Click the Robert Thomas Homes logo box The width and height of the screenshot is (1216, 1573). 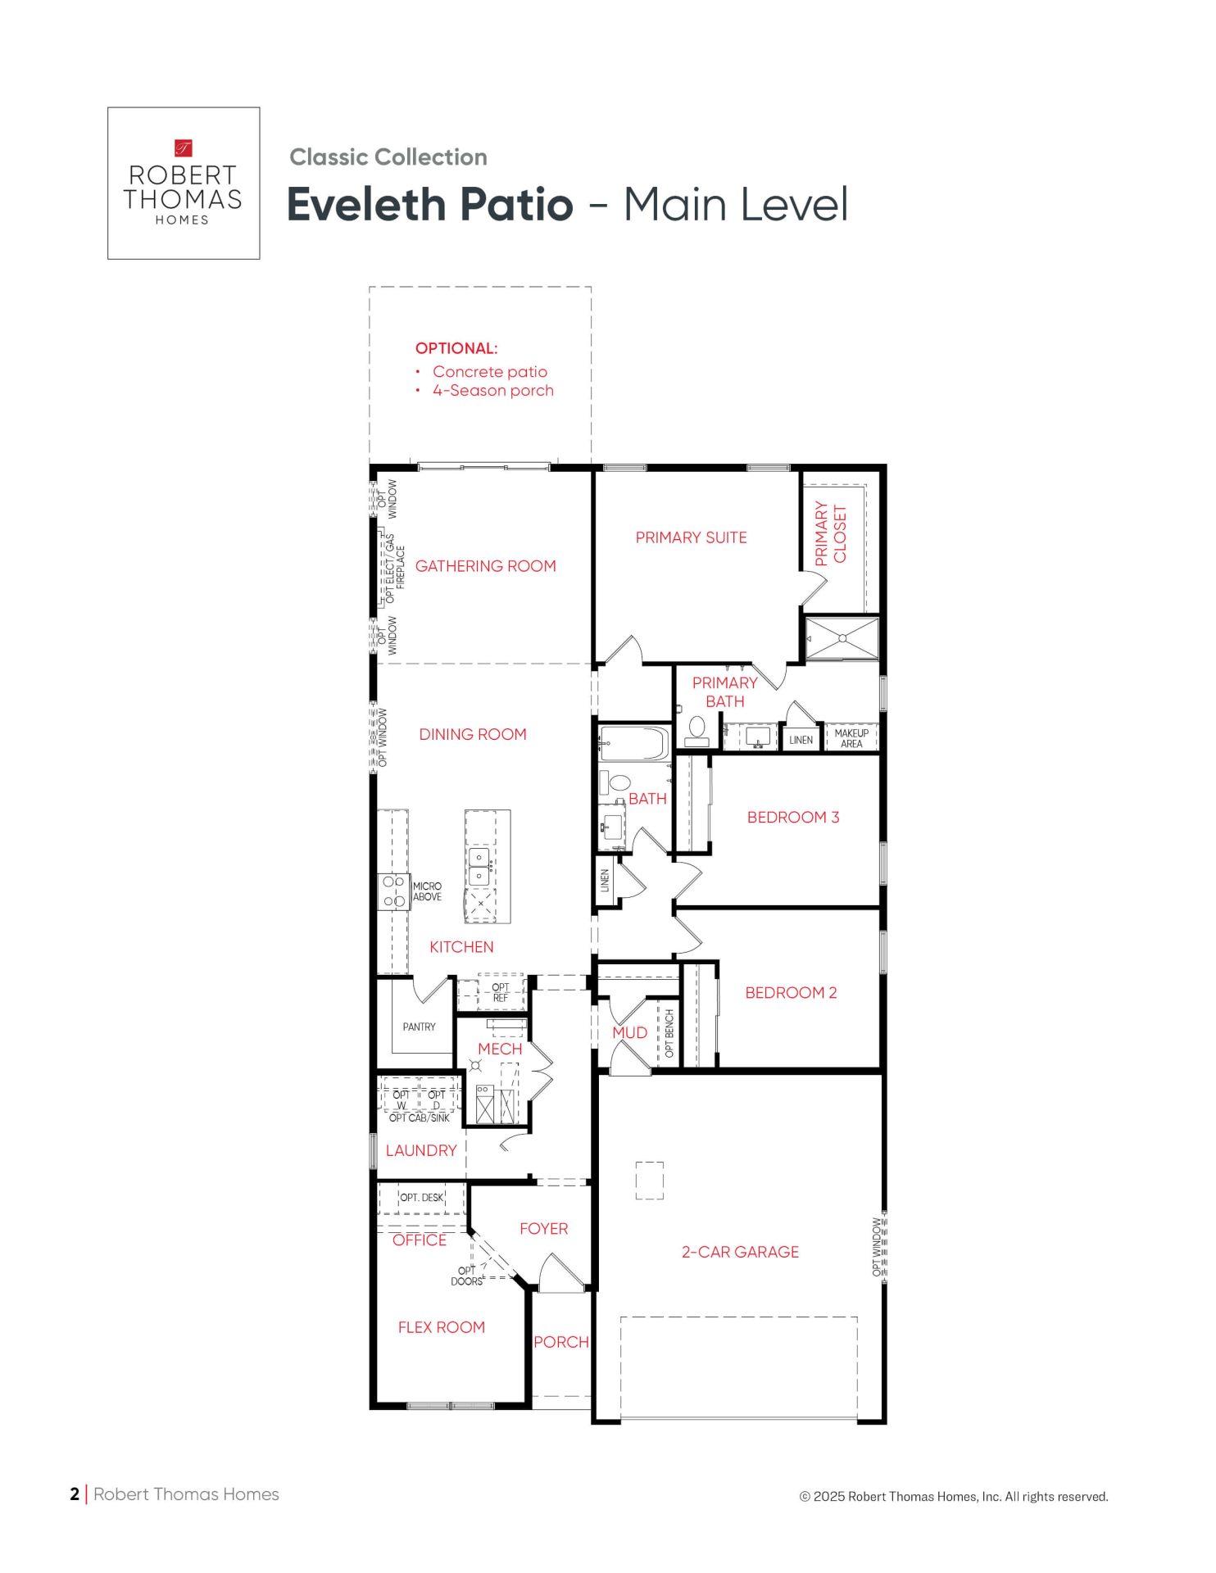point(184,184)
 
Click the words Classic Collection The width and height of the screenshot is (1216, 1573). point(388,157)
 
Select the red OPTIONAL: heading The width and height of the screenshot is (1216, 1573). point(456,348)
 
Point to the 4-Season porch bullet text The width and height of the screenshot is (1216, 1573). point(493,391)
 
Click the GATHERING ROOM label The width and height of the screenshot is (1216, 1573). point(486,566)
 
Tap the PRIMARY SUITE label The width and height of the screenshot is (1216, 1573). point(692,537)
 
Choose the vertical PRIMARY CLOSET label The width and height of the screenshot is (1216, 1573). point(830,533)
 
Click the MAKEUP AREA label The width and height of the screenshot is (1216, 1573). point(851,738)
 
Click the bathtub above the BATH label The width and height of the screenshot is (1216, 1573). point(634,743)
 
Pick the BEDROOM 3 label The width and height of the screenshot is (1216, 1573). point(793,817)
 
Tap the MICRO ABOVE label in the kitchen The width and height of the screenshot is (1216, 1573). point(427,891)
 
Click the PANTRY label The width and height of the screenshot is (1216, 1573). point(420,1027)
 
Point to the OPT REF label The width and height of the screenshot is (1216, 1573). point(500,992)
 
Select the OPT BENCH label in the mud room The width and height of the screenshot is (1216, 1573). point(669,1033)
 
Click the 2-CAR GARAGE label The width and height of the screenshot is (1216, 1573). point(740,1252)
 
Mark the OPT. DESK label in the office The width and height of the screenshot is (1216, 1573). point(421,1197)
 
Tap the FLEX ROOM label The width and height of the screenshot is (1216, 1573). point(442,1327)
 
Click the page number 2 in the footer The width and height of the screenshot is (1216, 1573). point(75,1494)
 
